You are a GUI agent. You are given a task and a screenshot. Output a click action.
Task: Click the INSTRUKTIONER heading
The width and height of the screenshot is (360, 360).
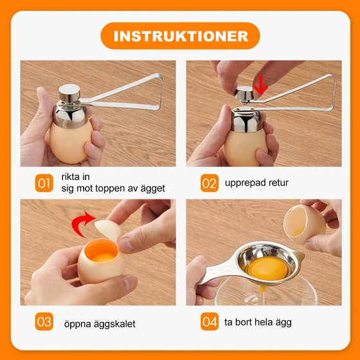click(181, 36)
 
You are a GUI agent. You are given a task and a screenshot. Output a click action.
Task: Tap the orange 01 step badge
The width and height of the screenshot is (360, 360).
click(44, 183)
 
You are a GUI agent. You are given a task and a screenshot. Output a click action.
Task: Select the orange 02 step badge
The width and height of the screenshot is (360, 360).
click(209, 183)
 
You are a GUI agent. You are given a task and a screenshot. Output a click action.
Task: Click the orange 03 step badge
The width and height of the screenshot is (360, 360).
click(44, 321)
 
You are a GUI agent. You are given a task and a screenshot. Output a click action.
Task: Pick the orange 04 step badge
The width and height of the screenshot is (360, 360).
click(209, 321)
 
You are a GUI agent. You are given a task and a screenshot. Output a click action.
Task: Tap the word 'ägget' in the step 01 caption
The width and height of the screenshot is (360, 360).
click(153, 189)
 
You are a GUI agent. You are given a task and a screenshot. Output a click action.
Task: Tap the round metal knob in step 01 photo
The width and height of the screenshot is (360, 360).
click(69, 92)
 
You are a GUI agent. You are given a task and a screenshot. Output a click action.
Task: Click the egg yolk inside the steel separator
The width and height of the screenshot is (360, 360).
click(267, 268)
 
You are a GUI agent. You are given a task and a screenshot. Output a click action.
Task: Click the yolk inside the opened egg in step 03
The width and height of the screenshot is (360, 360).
click(104, 258)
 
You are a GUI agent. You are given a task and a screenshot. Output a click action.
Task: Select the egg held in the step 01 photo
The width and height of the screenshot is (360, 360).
click(71, 143)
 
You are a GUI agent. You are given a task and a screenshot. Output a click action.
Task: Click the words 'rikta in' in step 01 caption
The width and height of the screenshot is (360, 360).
click(75, 177)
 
